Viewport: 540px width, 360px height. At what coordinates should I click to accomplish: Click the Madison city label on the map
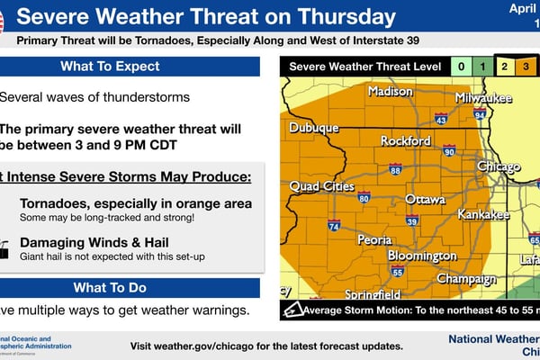[390, 92]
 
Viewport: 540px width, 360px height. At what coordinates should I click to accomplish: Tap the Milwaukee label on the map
[482, 96]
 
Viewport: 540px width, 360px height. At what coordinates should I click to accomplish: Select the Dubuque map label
[313, 129]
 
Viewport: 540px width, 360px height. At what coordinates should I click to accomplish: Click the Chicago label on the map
[498, 167]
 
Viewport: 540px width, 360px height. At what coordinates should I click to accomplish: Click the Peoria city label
[374, 240]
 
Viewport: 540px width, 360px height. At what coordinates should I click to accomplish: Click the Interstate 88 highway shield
[395, 169]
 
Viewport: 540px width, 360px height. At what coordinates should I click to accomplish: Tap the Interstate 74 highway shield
[333, 228]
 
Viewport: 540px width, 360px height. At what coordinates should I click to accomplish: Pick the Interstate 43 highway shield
[440, 118]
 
